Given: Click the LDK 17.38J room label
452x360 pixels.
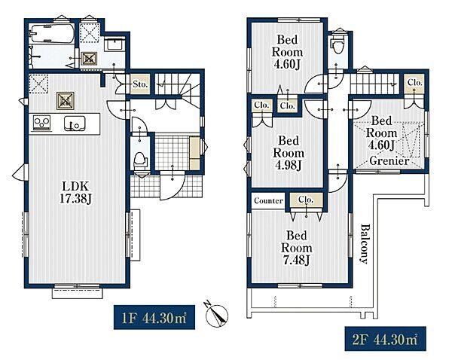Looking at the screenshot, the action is click(x=75, y=192).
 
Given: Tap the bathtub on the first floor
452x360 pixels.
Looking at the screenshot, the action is click(x=52, y=34).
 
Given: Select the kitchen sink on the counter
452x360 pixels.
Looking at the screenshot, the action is click(x=75, y=123).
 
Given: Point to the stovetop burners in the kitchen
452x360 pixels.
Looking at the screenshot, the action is click(x=41, y=123).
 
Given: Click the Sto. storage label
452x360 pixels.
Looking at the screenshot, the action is click(x=140, y=84).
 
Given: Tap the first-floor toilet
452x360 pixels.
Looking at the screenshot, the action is click(x=140, y=161).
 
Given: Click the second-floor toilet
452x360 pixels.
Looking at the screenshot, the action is click(x=337, y=44).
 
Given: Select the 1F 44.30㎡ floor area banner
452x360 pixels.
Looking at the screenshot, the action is click(x=154, y=317).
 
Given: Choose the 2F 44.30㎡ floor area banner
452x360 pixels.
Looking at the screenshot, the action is click(x=385, y=339).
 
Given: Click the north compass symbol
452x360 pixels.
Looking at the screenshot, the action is click(x=216, y=314).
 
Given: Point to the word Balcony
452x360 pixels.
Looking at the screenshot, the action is click(x=365, y=244).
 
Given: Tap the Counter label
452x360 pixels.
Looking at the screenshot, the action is click(x=268, y=200).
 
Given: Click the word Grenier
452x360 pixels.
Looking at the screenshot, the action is click(x=389, y=160).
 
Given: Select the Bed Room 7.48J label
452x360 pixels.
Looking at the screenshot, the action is click(x=296, y=248).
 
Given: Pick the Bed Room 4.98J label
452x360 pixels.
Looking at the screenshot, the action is click(x=289, y=153).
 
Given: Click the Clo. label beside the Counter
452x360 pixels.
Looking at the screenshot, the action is click(x=306, y=200).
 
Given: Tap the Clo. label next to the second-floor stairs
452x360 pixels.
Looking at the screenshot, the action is click(x=415, y=82).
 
